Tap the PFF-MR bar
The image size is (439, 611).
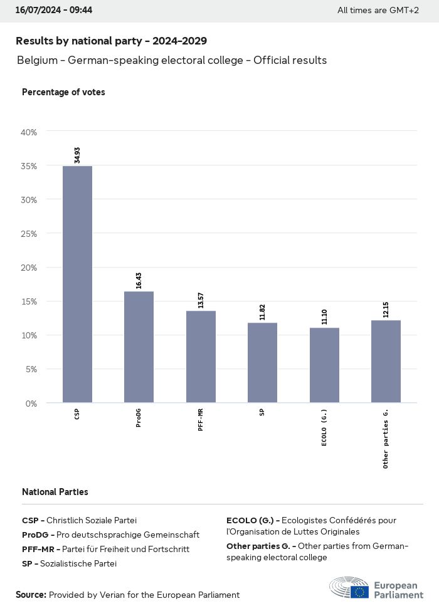click(x=201, y=357)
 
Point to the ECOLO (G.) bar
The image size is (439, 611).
click(x=324, y=365)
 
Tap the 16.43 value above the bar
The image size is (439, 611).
click(x=139, y=280)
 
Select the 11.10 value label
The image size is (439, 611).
click(x=324, y=316)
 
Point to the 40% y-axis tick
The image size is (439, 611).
click(x=29, y=132)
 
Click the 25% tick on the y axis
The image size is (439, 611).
click(x=29, y=234)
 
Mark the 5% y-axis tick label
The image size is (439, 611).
click(x=31, y=369)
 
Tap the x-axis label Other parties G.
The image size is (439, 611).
click(x=386, y=439)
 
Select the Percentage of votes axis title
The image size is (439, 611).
click(x=63, y=92)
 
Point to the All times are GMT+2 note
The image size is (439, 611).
click(x=378, y=11)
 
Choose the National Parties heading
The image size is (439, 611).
click(x=55, y=492)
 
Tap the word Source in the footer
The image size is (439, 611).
click(x=31, y=595)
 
